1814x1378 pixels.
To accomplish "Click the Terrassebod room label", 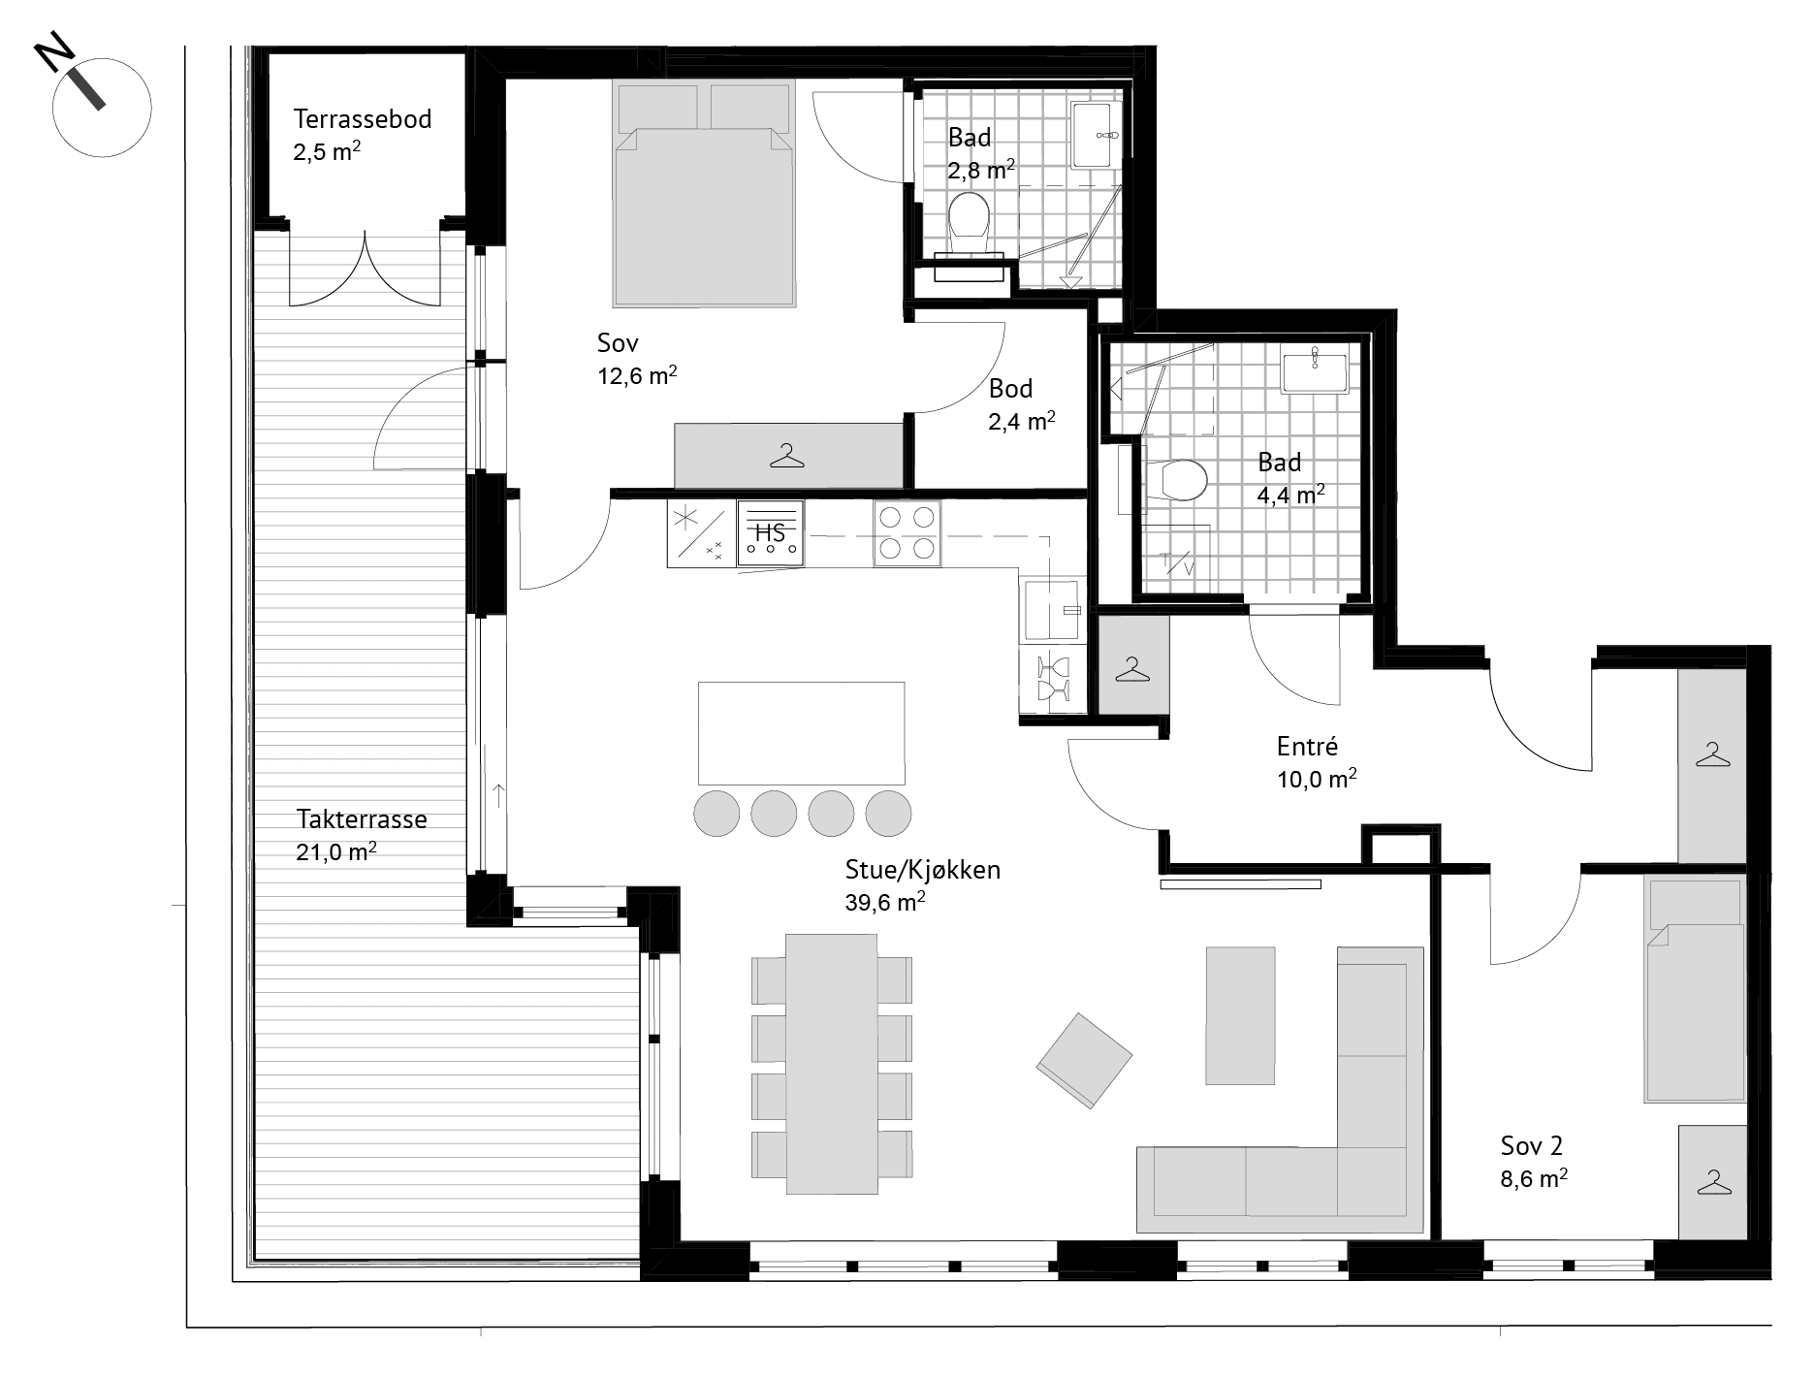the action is pyautogui.click(x=363, y=119).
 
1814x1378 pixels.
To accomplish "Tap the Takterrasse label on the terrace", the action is pyautogui.click(x=362, y=819).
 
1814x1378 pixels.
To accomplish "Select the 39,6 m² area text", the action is pyautogui.click(x=885, y=902).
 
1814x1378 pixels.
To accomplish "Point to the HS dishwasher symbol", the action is pyautogui.click(x=770, y=532).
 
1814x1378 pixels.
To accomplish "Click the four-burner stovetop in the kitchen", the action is pyautogui.click(x=907, y=532).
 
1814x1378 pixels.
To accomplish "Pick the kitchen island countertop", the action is pyautogui.click(x=801, y=733).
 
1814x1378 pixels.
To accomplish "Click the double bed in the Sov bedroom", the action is pyautogui.click(x=704, y=194).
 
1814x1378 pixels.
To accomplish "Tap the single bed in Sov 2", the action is pyautogui.click(x=1695, y=989).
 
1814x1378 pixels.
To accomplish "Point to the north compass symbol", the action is pyautogui.click(x=101, y=106).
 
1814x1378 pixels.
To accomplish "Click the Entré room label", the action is pyautogui.click(x=1307, y=746).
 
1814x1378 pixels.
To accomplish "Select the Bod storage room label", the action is pyautogui.click(x=1010, y=389).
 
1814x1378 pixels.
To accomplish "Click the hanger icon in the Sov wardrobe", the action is pyautogui.click(x=787, y=456).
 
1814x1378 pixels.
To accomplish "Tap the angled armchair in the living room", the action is pyautogui.click(x=1084, y=1060).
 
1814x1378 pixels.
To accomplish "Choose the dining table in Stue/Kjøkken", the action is pyautogui.click(x=831, y=1064).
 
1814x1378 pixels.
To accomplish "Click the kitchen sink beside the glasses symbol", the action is pyautogui.click(x=1051, y=609).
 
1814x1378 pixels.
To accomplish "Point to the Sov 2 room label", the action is pyautogui.click(x=1532, y=1146).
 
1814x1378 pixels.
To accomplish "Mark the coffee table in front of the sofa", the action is pyautogui.click(x=1240, y=1015).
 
